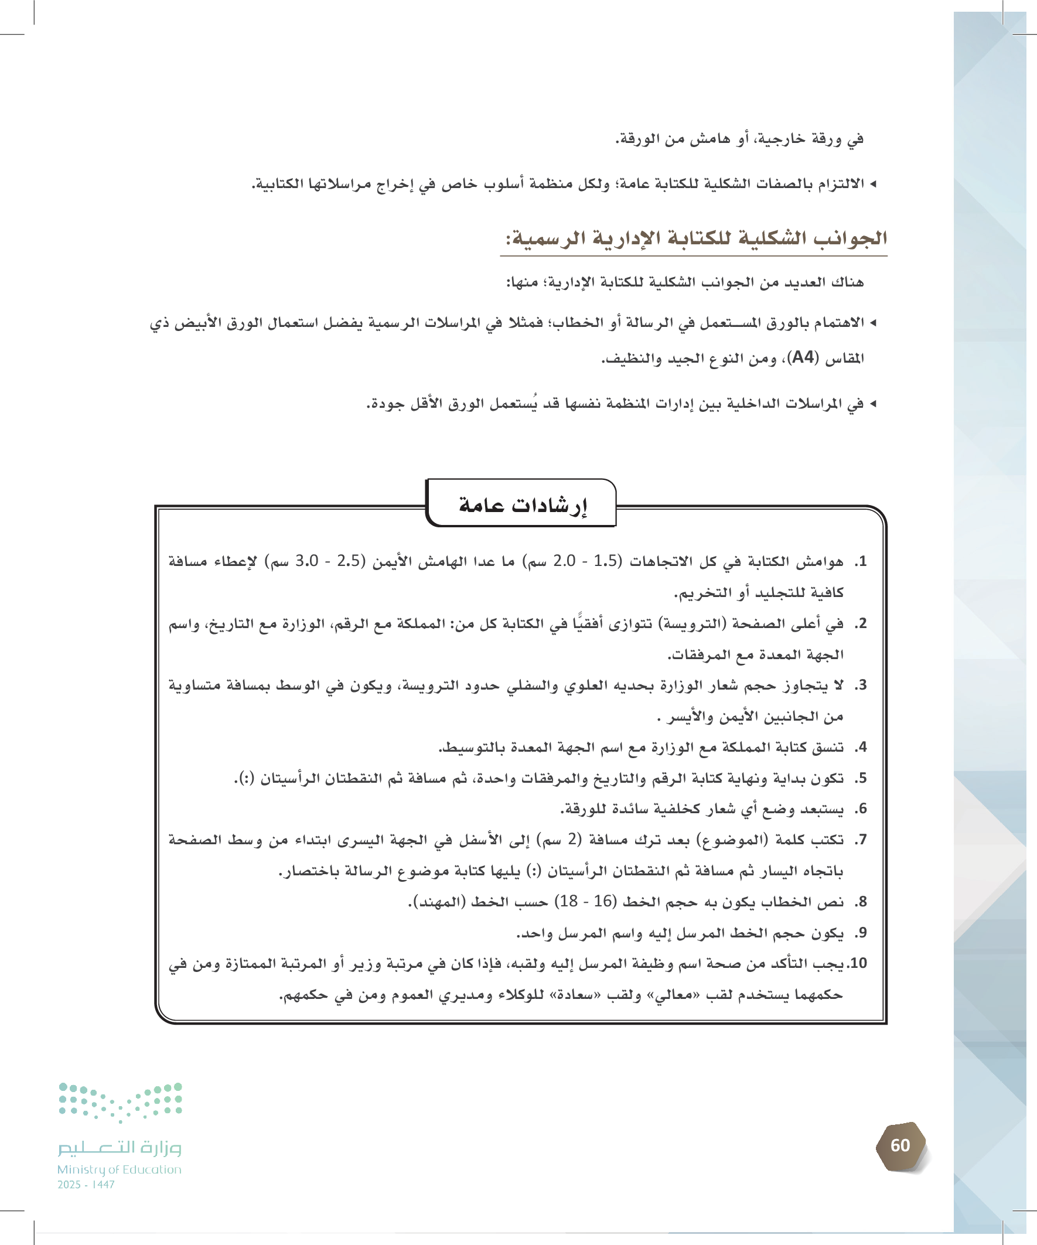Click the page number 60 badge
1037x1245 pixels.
(900, 1145)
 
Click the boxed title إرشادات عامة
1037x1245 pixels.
(523, 504)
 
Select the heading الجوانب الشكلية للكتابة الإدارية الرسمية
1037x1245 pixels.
(695, 238)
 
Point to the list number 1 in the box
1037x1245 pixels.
(861, 561)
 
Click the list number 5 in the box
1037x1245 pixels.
(861, 778)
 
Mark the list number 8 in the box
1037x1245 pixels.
(861, 902)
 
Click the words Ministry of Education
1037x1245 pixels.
(119, 1169)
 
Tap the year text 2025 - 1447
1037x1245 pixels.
(86, 1185)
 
